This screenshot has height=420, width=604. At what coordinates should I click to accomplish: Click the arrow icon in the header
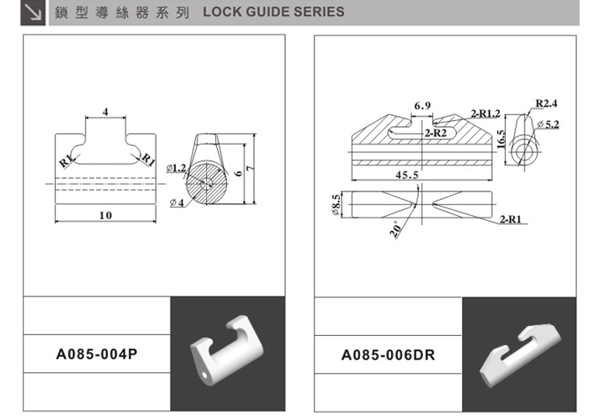tap(34, 13)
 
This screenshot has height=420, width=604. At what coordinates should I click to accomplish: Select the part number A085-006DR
tap(388, 354)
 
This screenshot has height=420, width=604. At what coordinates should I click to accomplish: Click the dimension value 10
tap(105, 215)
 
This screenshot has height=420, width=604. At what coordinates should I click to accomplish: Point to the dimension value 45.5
tap(407, 175)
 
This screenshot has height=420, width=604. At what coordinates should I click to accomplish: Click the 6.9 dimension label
tap(422, 105)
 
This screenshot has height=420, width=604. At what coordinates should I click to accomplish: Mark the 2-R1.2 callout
tap(485, 113)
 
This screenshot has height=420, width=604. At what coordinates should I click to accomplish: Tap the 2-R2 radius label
tap(435, 134)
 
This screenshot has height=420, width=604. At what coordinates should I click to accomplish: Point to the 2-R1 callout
tap(510, 219)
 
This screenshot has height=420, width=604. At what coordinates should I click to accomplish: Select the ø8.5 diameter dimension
tap(335, 204)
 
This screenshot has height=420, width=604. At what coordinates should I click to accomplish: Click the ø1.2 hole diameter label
tap(177, 167)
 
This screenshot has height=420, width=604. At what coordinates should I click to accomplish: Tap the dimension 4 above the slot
tap(105, 111)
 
